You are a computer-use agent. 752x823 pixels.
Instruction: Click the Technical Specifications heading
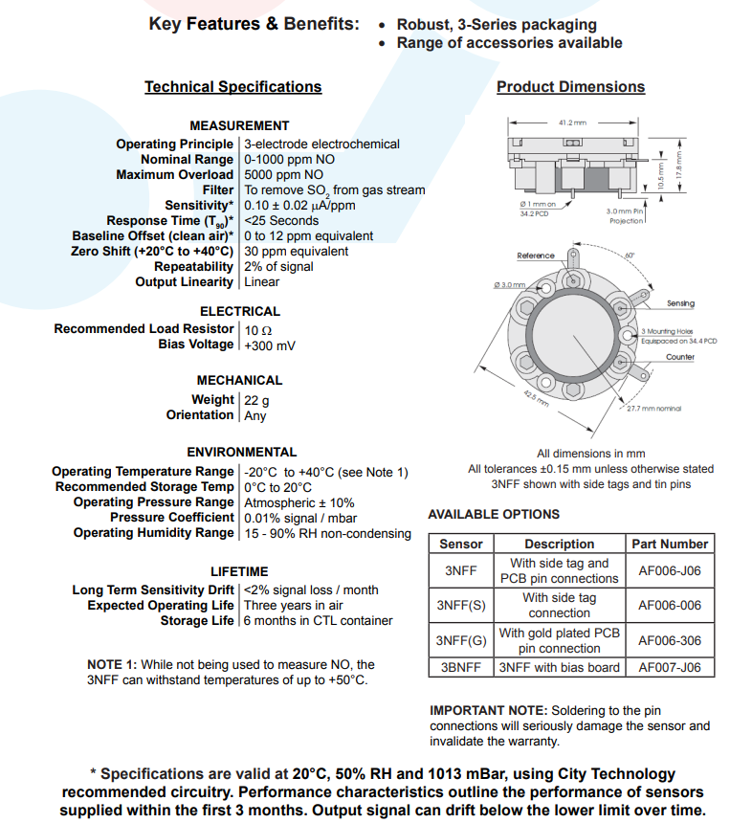232,87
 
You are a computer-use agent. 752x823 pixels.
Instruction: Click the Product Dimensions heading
570,87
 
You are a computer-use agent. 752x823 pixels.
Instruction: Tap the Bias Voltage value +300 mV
270,345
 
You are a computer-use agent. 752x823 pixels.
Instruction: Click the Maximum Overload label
174,175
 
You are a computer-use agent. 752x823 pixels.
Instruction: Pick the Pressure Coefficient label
171,518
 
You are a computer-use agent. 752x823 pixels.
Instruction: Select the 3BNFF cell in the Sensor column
461,667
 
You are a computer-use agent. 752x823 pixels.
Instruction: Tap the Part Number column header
670,544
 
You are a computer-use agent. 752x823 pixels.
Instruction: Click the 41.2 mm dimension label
571,122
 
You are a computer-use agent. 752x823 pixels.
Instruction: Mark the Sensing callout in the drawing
680,303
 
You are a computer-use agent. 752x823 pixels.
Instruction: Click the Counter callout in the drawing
680,357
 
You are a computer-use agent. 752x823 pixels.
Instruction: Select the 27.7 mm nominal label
654,409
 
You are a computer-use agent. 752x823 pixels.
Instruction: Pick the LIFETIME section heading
239,571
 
